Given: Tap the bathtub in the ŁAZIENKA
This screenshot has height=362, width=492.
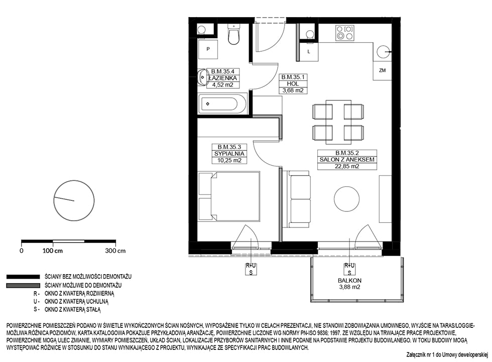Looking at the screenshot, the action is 223,104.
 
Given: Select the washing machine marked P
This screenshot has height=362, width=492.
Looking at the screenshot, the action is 208,49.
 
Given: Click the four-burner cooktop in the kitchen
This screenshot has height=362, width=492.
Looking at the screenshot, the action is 344,33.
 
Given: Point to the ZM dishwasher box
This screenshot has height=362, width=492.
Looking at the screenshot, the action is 382,71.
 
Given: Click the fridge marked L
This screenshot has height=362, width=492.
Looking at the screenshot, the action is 309,51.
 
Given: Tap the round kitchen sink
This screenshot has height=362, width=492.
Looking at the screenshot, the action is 383,51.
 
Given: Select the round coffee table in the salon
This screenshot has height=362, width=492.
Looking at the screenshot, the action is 346,199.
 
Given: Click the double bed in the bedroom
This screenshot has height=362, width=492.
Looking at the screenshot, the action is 229,196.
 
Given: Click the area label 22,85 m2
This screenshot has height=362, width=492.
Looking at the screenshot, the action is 347,166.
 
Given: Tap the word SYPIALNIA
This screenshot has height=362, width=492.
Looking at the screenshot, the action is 229,154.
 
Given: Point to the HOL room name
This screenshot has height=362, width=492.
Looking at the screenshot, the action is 293,84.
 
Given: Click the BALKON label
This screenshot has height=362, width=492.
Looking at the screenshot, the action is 349,281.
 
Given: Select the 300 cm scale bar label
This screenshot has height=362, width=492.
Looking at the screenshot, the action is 115,251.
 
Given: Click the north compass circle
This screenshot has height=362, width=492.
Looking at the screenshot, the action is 74,200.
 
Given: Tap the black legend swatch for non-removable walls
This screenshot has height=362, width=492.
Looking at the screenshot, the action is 23,277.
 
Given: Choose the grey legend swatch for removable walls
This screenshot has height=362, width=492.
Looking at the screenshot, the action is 23,286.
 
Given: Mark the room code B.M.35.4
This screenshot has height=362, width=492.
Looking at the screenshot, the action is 222,71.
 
